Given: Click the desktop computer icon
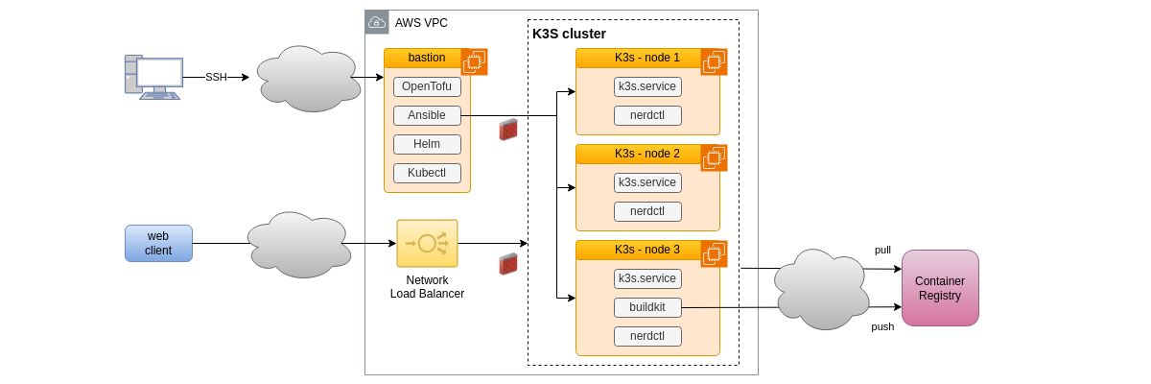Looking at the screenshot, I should (x=153, y=77).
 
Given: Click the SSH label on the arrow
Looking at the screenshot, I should (x=216, y=77).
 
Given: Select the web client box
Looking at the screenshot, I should (x=158, y=243).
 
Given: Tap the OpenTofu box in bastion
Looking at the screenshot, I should (x=427, y=86).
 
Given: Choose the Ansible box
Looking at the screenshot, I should (x=427, y=115).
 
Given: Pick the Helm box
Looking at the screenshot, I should (x=427, y=144).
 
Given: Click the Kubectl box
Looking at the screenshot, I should (x=427, y=173).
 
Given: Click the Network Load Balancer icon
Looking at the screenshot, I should (x=427, y=243).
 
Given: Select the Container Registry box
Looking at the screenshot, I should (x=940, y=288).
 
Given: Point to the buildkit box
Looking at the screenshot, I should (x=647, y=307).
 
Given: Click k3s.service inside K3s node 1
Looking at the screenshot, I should (x=647, y=86).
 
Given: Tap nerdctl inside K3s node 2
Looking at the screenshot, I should (x=647, y=211).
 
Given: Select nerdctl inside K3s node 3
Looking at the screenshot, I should (x=647, y=336).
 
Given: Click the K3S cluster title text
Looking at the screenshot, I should (x=569, y=34).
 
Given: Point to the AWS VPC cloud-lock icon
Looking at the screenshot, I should (x=377, y=22).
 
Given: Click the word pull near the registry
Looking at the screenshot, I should (x=882, y=250).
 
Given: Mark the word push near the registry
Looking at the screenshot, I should (x=882, y=326).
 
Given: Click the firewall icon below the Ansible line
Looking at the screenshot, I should (x=508, y=130).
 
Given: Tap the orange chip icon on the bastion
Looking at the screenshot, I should (x=474, y=61).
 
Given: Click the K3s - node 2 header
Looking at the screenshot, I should (x=646, y=154).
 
